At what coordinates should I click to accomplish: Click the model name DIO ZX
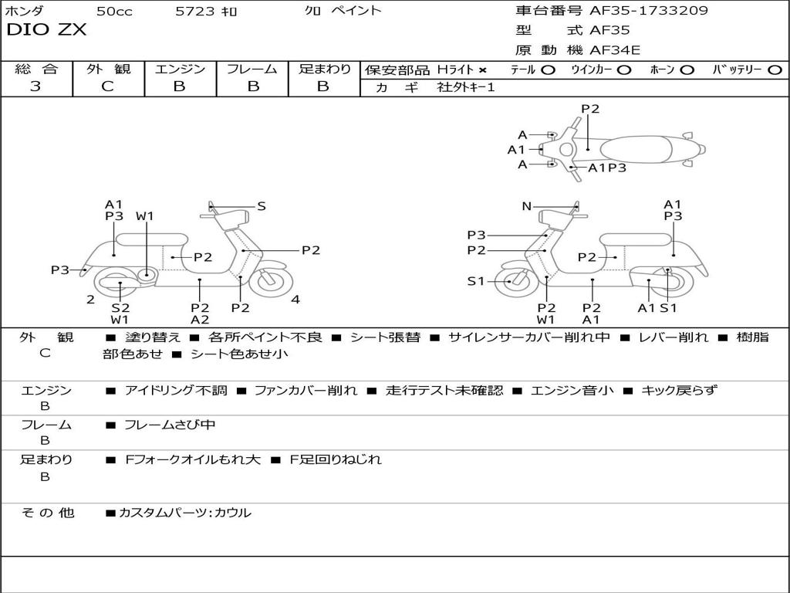pos(46,30)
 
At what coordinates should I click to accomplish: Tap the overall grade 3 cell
pos(35,86)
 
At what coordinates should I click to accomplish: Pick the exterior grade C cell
pos(108,86)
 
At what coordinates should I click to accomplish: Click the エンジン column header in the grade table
pos(180,69)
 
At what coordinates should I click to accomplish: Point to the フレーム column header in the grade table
pos(252,69)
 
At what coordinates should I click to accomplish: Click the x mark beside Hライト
pos(482,69)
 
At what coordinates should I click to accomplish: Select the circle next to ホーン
pos(687,69)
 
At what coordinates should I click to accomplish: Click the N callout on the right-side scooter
pos(527,206)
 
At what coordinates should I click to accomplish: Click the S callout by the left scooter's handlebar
pos(262,206)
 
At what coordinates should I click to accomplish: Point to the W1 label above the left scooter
pos(145,216)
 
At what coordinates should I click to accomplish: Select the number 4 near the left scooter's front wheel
pos(295,300)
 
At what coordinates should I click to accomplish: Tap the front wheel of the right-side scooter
pos(511,282)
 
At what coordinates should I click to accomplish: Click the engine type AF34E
pos(615,50)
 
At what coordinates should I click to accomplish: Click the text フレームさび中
pos(170,425)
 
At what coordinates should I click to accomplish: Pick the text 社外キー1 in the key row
pos(466,87)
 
